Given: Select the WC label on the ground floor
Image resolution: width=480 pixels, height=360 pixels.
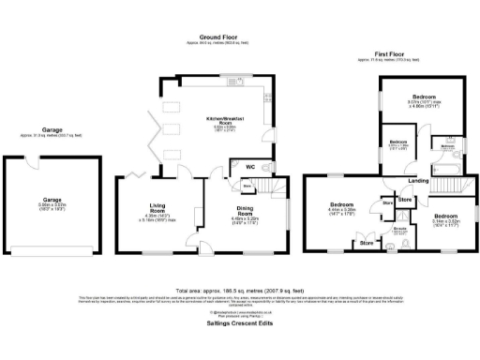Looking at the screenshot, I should (x=250, y=167).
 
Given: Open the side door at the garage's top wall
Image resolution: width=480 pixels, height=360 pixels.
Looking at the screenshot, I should (x=33, y=159).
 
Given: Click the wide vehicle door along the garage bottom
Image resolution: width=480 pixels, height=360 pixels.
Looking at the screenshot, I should (x=52, y=251).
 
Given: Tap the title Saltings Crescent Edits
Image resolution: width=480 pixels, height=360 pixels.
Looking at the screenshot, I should (x=239, y=322).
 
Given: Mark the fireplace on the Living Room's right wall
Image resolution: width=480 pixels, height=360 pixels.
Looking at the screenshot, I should (x=199, y=215).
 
